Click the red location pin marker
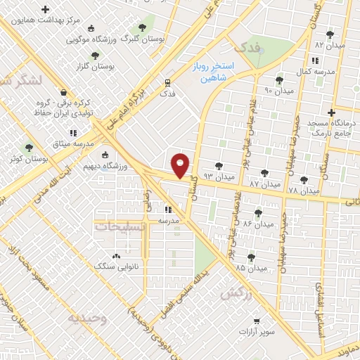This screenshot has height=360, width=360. (181, 165)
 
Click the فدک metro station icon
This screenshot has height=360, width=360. (167, 82)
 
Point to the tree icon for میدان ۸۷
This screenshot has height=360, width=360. (264, 172)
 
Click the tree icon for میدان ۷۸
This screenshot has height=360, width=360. (304, 180)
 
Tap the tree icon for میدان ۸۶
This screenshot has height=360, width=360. (258, 213)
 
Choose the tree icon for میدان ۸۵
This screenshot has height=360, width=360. (252, 257)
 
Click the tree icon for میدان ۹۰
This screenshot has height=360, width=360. (280, 80)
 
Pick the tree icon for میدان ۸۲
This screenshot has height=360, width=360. (330, 34)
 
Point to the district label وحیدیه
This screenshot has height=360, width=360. (87, 318)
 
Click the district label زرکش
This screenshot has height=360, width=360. (236, 293)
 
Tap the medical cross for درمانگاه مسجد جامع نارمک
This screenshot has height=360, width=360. (331, 112)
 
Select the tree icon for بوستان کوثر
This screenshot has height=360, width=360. (29, 148)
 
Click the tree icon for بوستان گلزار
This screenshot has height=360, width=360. (96, 54)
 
